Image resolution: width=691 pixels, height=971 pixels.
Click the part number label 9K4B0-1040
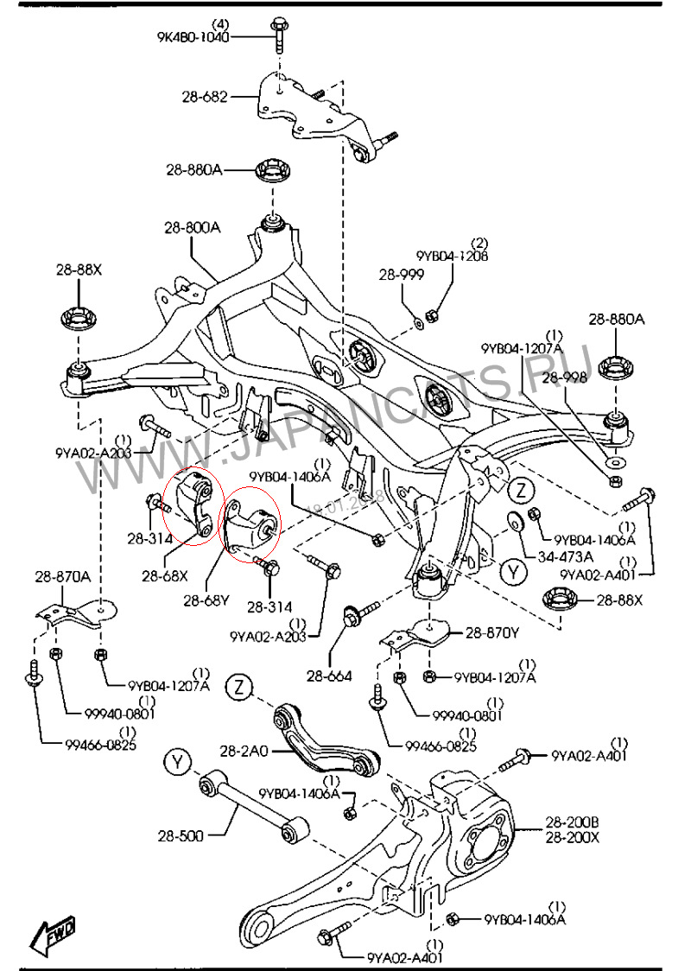193,37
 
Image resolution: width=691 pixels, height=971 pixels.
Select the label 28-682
205,97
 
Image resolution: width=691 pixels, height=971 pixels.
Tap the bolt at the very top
278,31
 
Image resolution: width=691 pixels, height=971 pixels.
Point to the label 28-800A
193,228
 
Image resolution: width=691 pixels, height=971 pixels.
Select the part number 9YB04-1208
452,257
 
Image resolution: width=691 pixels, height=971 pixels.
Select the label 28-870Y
492,632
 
